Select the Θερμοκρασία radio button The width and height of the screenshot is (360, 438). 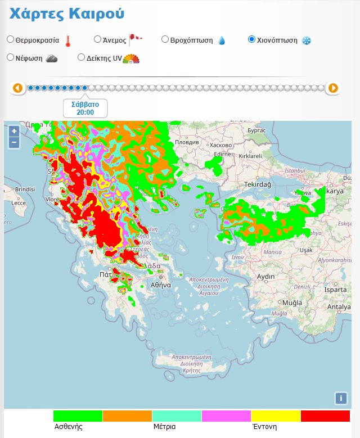tap(10, 40)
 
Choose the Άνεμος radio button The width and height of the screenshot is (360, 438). tap(97, 39)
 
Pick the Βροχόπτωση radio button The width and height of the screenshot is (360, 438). tap(165, 39)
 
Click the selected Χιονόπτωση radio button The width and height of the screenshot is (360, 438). tap(251, 39)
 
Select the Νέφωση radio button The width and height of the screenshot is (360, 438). tap(10, 57)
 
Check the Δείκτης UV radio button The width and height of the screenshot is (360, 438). tap(81, 57)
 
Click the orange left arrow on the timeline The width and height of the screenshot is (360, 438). tap(17, 88)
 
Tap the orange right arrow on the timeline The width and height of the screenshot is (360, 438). tap(333, 88)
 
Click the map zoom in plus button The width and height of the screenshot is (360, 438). tap(14, 131)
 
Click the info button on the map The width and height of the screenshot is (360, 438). tap(340, 398)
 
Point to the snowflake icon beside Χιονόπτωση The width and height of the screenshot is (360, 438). tap(307, 40)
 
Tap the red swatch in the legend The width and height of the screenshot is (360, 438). tap(325, 416)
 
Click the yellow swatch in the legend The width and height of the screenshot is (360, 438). tap(276, 416)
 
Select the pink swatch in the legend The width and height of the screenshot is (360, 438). tap(226, 416)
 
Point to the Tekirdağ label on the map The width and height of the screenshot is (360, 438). tap(258, 185)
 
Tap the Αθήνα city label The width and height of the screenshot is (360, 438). tap(160, 285)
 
